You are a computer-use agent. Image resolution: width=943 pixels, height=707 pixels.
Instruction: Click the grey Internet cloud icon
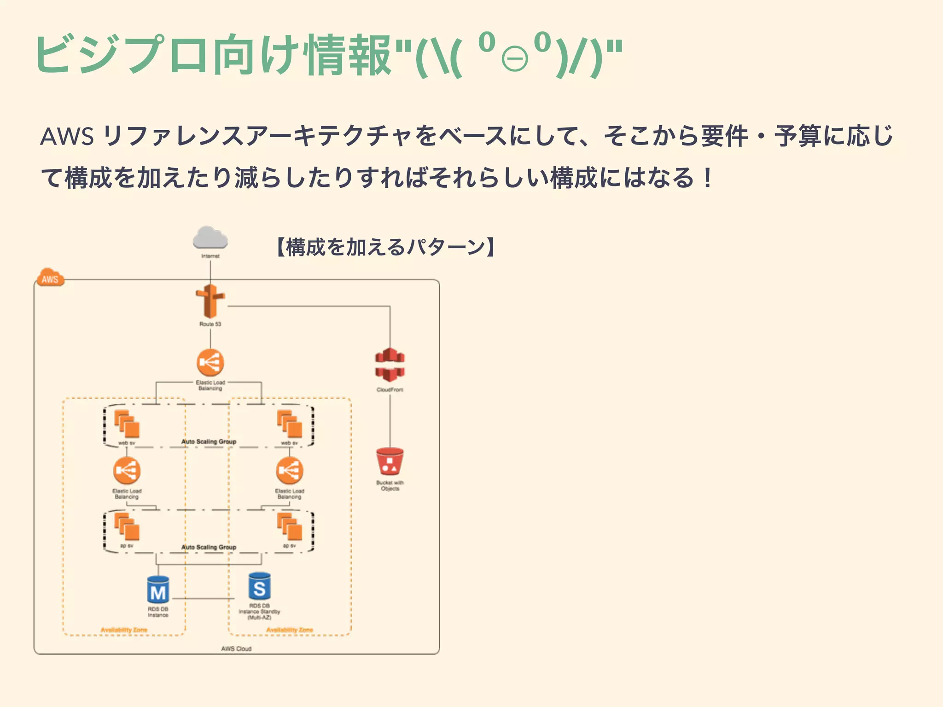click(210, 238)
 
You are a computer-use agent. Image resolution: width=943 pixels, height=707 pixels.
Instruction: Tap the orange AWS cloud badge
click(50, 278)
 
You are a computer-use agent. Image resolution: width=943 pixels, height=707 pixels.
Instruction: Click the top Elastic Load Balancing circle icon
click(210, 363)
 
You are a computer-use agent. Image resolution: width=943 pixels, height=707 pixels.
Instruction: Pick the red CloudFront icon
click(390, 365)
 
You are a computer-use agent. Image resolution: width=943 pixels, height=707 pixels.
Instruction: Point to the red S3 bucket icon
click(390, 462)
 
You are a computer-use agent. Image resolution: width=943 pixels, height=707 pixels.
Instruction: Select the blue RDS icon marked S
click(259, 586)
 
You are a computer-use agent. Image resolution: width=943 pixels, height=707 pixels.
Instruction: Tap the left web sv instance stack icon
click(127, 423)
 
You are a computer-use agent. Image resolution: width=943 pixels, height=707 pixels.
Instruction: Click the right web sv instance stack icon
click(289, 423)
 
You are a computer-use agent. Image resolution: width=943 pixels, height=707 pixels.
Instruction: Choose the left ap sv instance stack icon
click(127, 527)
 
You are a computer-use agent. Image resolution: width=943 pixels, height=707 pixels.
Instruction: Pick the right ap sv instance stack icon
click(289, 527)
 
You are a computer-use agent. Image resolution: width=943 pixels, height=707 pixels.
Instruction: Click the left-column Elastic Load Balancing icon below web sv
click(127, 470)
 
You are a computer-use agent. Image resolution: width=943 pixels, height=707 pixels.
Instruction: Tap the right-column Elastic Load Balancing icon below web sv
click(289, 470)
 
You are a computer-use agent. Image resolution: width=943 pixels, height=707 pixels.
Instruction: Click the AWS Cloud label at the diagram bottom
click(236, 649)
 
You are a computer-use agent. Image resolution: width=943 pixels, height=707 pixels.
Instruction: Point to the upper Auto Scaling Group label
click(209, 441)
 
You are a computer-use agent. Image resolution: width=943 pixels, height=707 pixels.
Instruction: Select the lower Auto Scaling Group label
click(209, 547)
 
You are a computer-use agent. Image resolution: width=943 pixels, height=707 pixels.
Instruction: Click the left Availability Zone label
click(124, 630)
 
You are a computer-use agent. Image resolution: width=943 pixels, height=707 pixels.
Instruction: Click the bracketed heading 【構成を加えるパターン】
click(386, 247)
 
